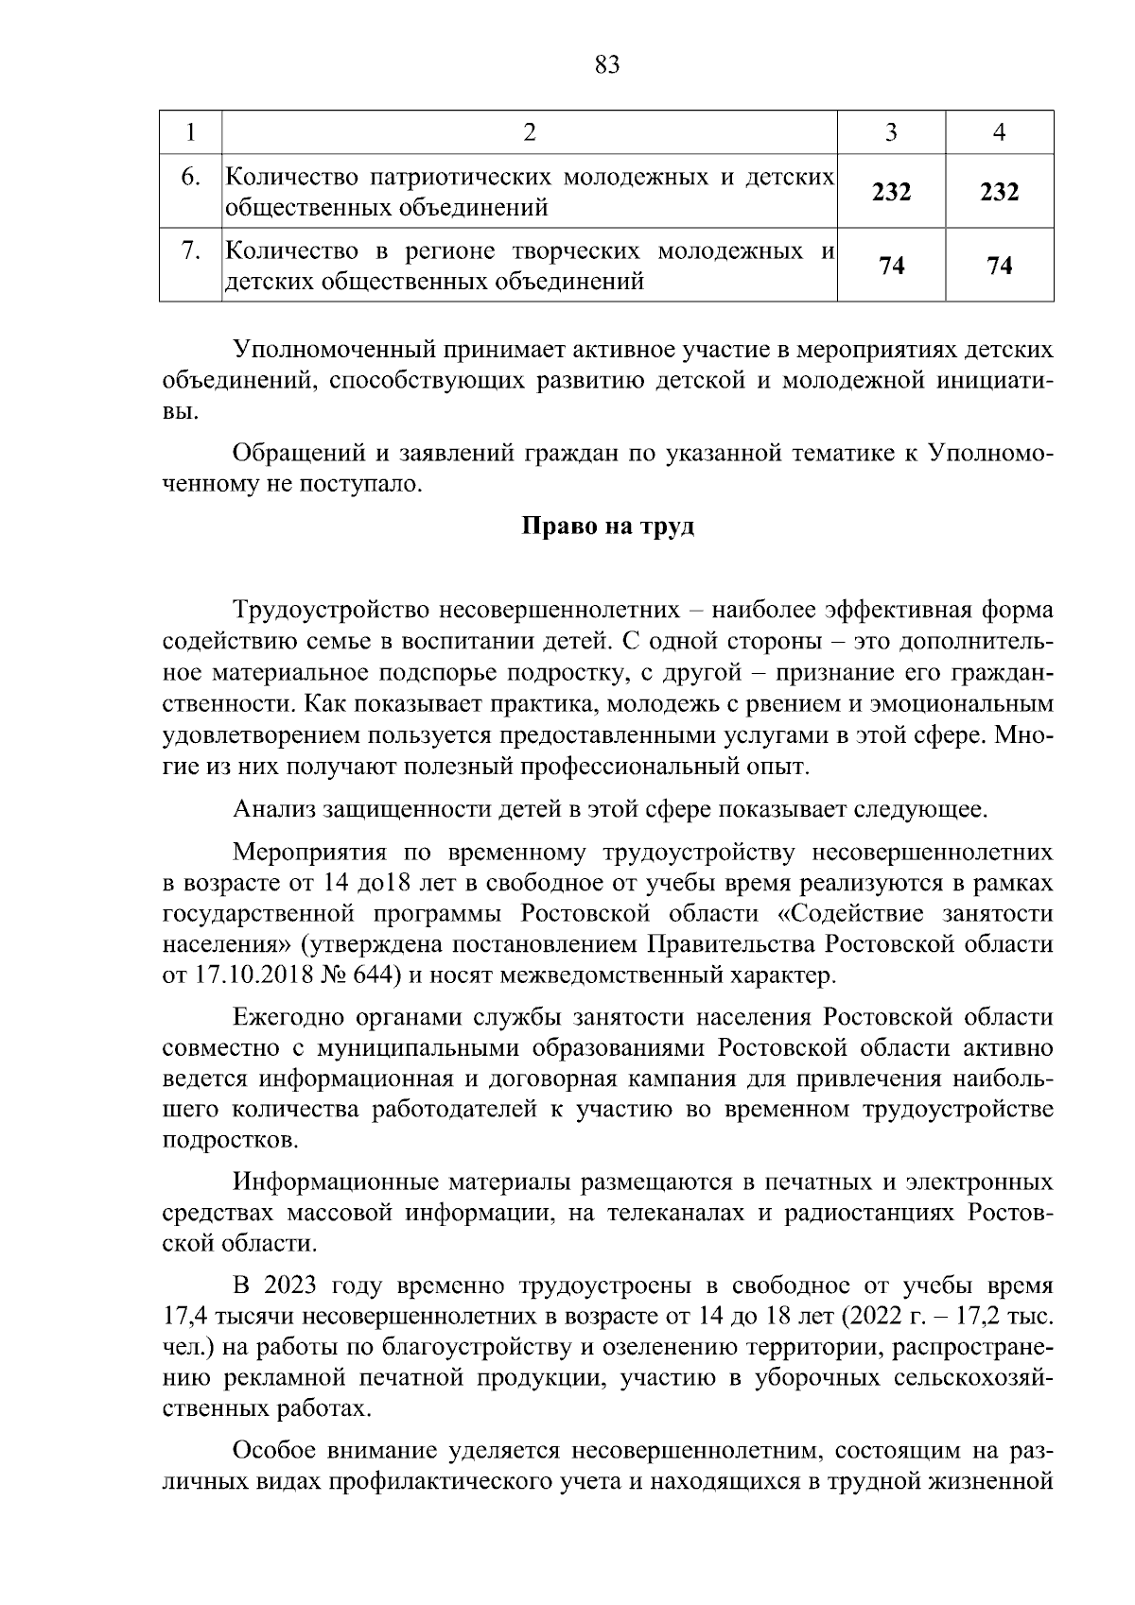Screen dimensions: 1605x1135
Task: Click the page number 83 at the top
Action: click(x=606, y=64)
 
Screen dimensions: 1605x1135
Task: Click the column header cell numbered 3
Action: click(x=890, y=132)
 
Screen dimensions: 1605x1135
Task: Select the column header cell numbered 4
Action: click(x=999, y=132)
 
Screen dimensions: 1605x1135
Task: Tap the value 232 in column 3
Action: click(x=891, y=192)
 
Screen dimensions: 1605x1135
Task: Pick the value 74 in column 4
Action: click(x=999, y=266)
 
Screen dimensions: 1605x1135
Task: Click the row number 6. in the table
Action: click(x=190, y=178)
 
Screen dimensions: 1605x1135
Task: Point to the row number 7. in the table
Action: click(x=190, y=251)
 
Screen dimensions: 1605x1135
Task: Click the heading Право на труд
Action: click(x=608, y=526)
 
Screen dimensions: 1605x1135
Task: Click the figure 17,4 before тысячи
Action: click(x=185, y=1317)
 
